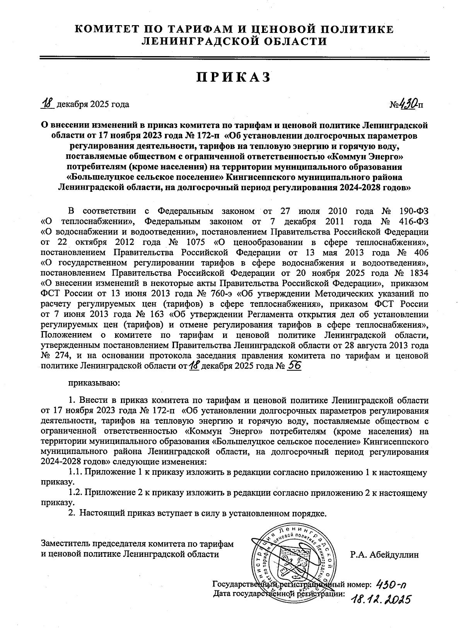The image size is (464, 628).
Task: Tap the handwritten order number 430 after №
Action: click(408, 103)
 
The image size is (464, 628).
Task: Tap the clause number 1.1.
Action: click(75, 472)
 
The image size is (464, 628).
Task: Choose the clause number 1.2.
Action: click(75, 493)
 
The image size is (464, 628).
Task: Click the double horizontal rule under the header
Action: click(234, 58)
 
